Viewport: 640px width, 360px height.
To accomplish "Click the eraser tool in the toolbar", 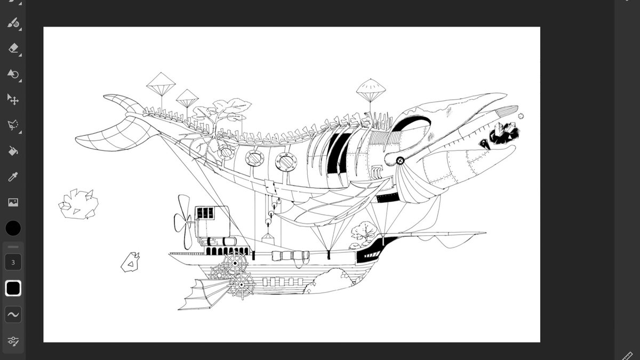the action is (13, 49).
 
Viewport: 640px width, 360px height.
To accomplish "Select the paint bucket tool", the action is (13, 151).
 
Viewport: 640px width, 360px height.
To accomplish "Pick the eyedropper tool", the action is (13, 177).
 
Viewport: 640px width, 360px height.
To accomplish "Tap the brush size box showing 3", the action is (13, 262).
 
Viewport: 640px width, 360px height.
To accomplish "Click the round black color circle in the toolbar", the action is (13, 228).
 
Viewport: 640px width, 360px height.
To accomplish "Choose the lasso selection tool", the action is (13, 125).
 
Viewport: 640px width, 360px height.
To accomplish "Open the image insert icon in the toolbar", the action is (13, 203).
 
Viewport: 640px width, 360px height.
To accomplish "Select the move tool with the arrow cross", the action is (13, 100).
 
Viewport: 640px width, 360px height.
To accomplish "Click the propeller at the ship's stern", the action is (183, 221).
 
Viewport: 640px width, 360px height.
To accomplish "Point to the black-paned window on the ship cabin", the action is (205, 213).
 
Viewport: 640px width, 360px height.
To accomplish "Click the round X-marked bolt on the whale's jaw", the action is (401, 160).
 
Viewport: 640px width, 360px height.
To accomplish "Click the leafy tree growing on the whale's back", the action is (221, 115).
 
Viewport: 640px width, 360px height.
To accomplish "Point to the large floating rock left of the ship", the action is (78, 204).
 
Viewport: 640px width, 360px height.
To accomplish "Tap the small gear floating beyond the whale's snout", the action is (521, 116).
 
